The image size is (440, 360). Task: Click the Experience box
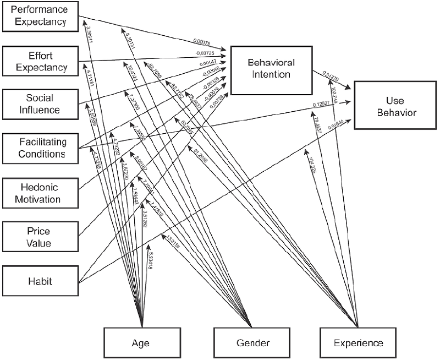pyautogui.click(x=358, y=343)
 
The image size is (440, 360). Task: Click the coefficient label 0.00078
pyautogui.click(x=202, y=42)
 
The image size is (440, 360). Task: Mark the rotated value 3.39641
pyautogui.click(x=90, y=39)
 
